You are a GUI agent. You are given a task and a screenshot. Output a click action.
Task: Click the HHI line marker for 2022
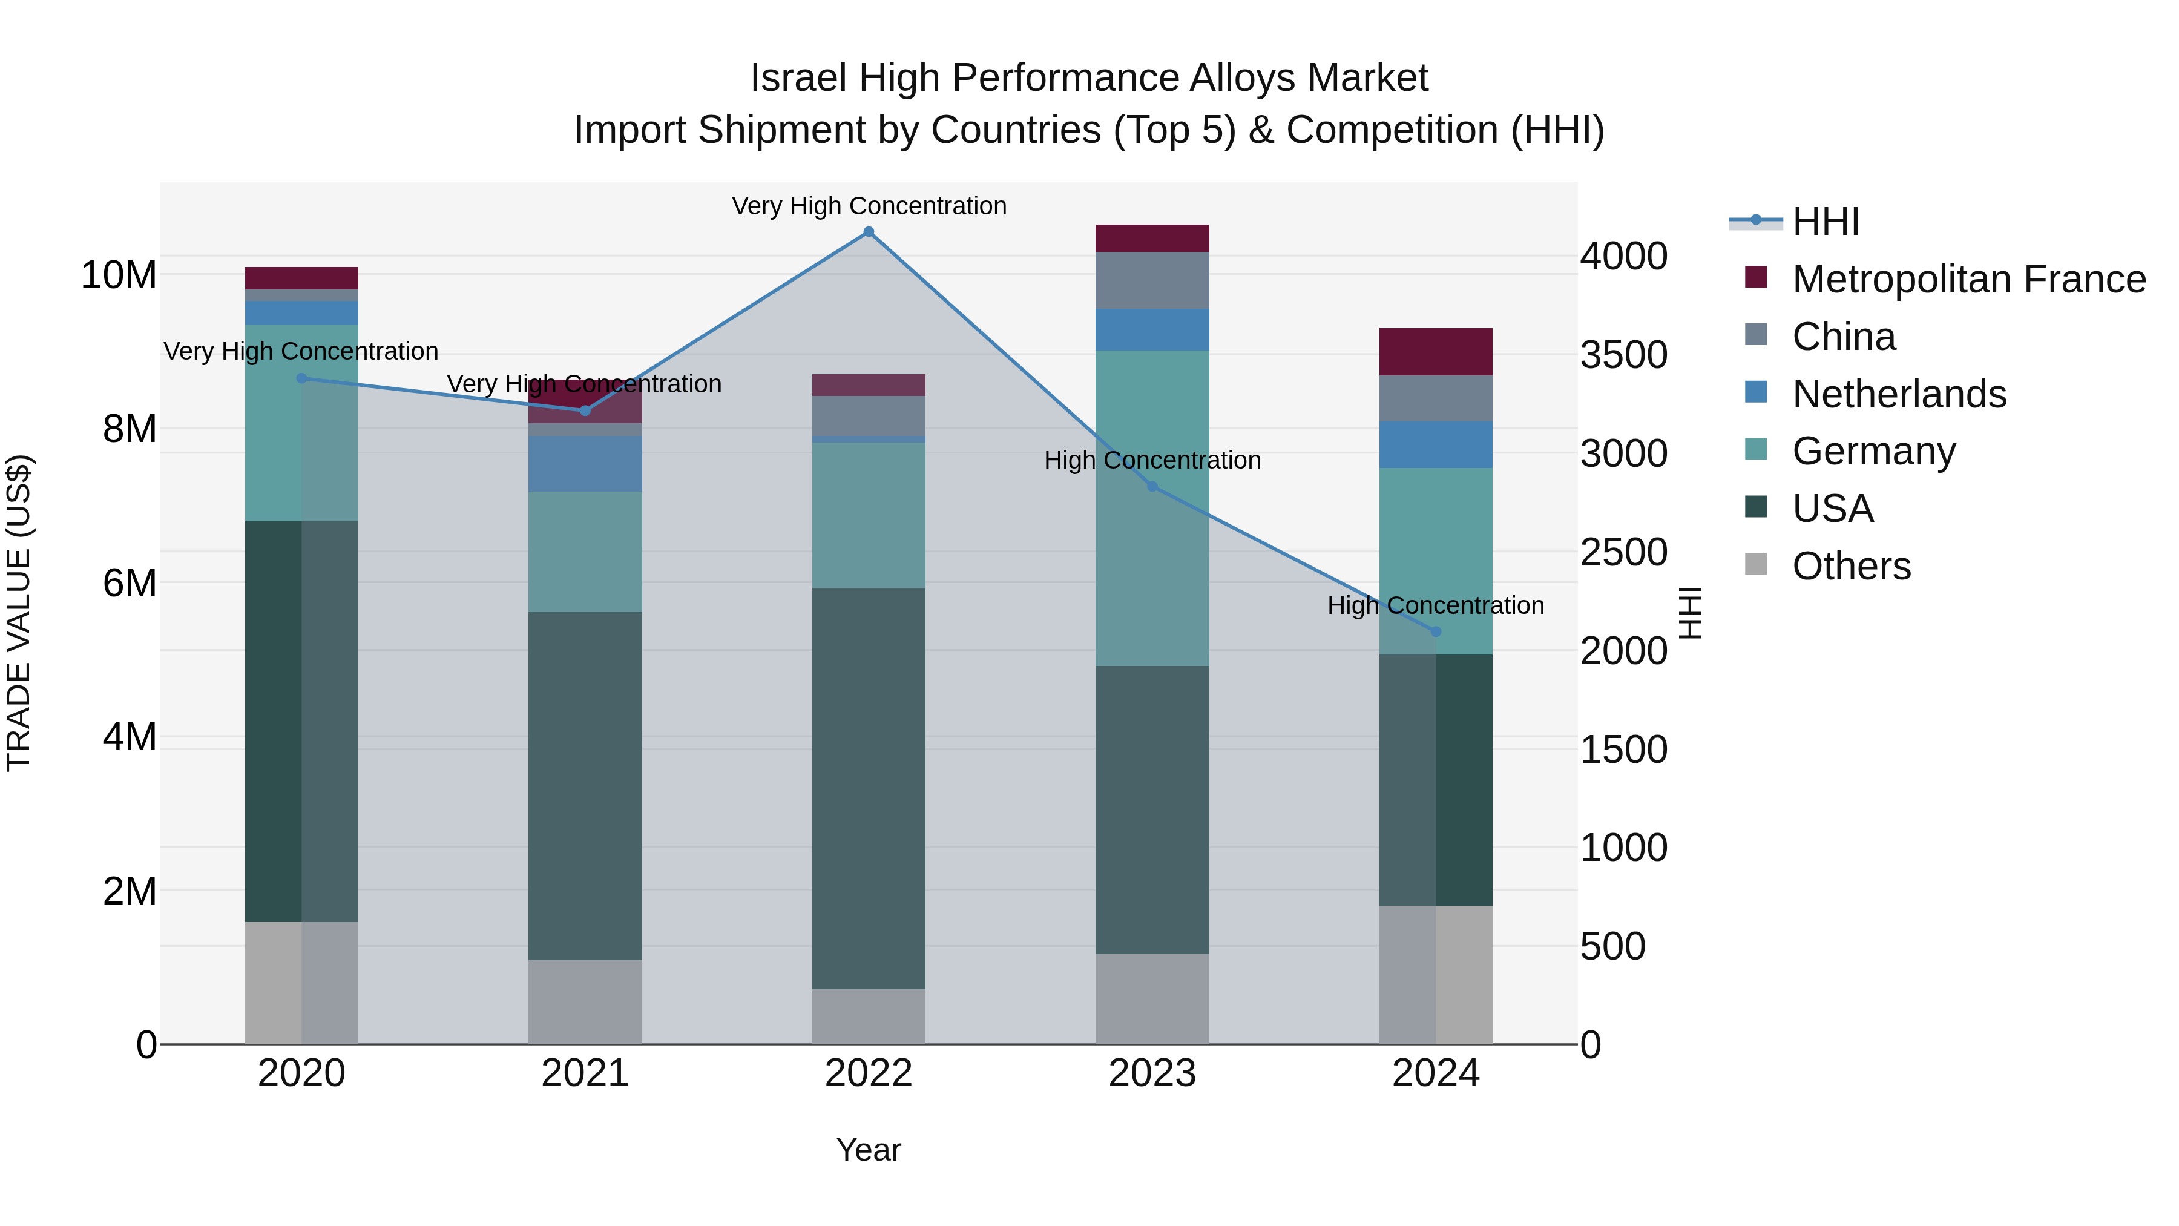pyautogui.click(x=868, y=232)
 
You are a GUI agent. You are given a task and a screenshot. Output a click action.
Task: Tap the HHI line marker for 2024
pyautogui.click(x=1436, y=632)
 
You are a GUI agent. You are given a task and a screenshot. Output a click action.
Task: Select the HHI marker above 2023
pyautogui.click(x=1152, y=487)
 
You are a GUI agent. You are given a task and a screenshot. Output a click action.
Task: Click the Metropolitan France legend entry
pyautogui.click(x=1968, y=279)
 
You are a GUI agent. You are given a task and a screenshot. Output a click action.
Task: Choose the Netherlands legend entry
pyautogui.click(x=1899, y=394)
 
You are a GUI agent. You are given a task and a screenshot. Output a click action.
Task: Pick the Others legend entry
pyautogui.click(x=1851, y=566)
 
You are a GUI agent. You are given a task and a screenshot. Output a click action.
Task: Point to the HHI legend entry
pyautogui.click(x=1826, y=222)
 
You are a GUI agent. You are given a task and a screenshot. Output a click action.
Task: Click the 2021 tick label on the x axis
pyautogui.click(x=585, y=1073)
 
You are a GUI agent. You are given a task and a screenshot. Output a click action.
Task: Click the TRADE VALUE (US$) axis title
pyautogui.click(x=19, y=613)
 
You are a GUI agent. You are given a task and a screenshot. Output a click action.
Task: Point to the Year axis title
pyautogui.click(x=868, y=1150)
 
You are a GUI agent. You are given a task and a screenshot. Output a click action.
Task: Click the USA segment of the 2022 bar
pyautogui.click(x=868, y=788)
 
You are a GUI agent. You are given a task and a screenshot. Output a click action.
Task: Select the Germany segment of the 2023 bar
pyautogui.click(x=1152, y=508)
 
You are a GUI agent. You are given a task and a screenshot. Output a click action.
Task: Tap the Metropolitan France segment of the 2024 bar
pyautogui.click(x=1436, y=351)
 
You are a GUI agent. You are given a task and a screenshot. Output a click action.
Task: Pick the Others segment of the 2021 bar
pyautogui.click(x=585, y=1002)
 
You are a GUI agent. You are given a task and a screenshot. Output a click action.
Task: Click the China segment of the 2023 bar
pyautogui.click(x=1152, y=280)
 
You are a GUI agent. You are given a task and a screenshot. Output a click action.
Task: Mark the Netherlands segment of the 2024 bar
pyautogui.click(x=1436, y=444)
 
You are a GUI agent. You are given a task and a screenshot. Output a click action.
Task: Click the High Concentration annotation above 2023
pyautogui.click(x=1152, y=460)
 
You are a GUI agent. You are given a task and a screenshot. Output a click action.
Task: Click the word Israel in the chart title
pyautogui.click(x=798, y=78)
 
